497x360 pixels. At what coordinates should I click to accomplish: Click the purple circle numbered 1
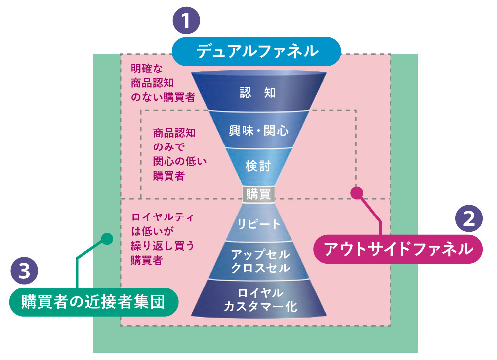click(185, 22)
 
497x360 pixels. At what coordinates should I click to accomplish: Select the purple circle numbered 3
click(23, 271)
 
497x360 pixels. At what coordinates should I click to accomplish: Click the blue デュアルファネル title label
click(256, 51)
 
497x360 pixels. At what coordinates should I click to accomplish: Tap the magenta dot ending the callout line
click(355, 192)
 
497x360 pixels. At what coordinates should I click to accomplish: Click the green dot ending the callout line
click(105, 238)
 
